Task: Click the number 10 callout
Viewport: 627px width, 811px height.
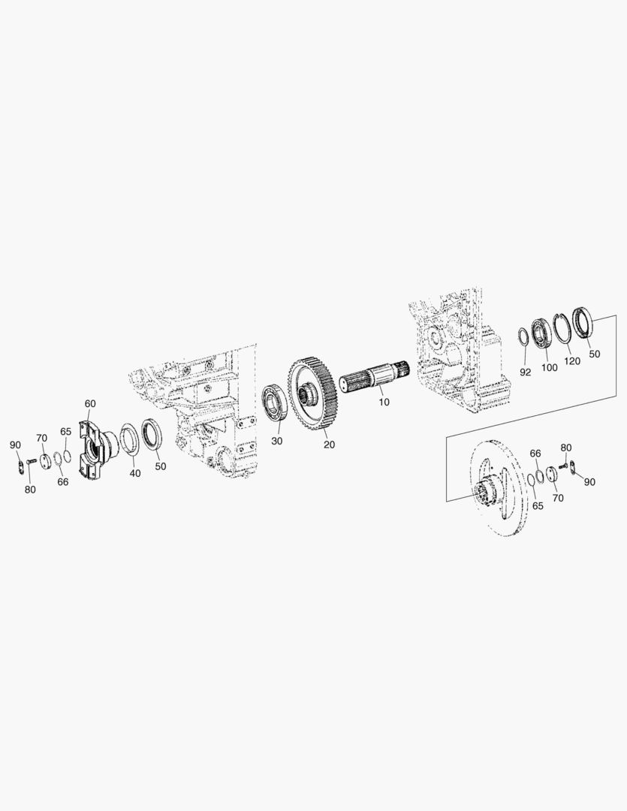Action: click(x=384, y=402)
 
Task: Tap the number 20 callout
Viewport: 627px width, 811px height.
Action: click(x=329, y=445)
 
